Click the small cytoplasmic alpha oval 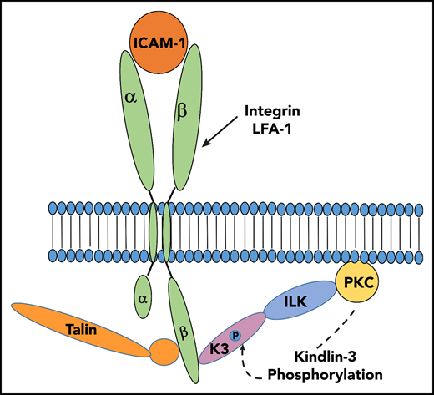(142, 296)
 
